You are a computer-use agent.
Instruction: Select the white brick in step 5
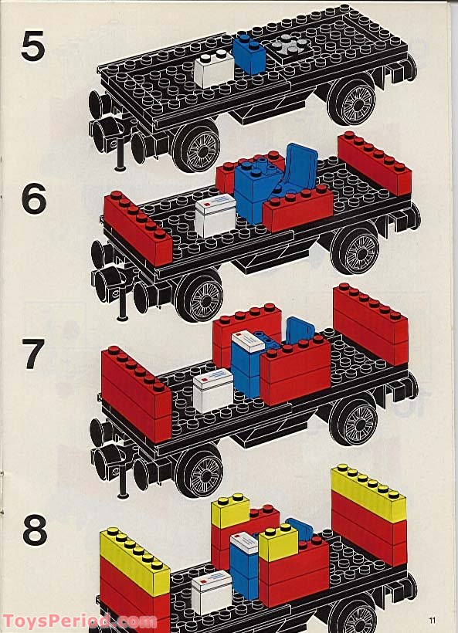pos(213,69)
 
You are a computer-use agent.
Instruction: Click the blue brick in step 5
pos(249,54)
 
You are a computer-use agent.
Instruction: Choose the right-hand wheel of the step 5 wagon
pos(351,100)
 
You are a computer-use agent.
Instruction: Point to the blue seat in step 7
pos(300,330)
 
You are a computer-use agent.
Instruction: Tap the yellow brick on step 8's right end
pos(368,494)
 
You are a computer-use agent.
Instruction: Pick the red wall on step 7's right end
pos(370,324)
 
